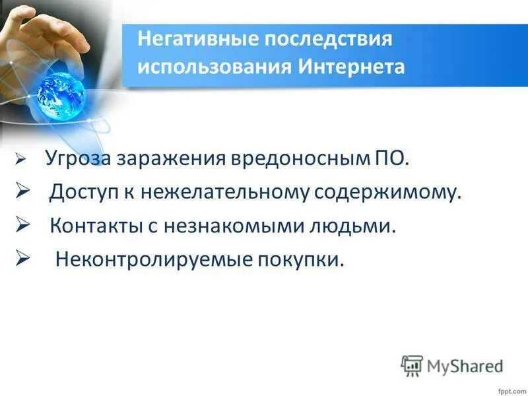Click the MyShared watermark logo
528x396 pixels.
tap(452, 364)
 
